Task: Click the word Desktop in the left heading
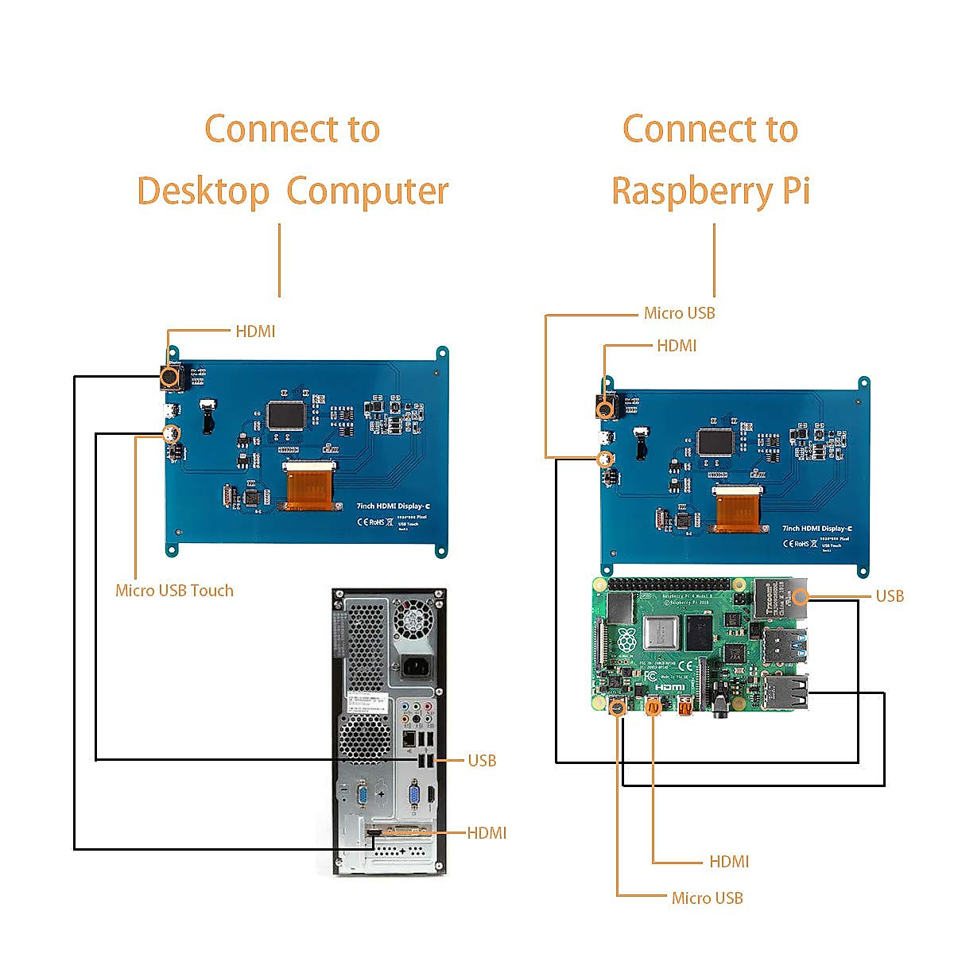pyautogui.click(x=204, y=192)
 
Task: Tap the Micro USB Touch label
pyautogui.click(x=174, y=591)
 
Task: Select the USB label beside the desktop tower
pyautogui.click(x=482, y=761)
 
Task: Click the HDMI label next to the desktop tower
pyautogui.click(x=487, y=833)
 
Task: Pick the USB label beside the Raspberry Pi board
pyautogui.click(x=889, y=596)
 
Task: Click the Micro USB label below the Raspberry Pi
pyautogui.click(x=707, y=898)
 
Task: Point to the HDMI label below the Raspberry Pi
pyautogui.click(x=729, y=862)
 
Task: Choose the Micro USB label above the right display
pyautogui.click(x=679, y=313)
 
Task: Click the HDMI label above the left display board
pyautogui.click(x=255, y=332)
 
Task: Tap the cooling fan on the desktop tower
pyautogui.click(x=416, y=619)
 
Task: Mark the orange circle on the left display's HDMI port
pyautogui.click(x=169, y=377)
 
